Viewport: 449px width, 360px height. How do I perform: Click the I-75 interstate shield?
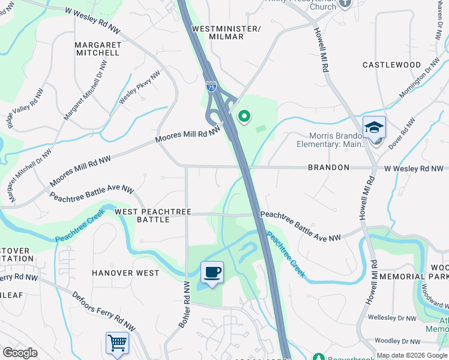[x=211, y=87]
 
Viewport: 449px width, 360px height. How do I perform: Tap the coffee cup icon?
[x=212, y=273]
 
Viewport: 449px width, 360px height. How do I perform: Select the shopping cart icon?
[x=117, y=343]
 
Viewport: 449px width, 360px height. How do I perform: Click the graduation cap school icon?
[x=374, y=127]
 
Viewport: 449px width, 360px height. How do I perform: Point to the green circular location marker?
[x=244, y=116]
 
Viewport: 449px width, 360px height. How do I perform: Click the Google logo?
[x=20, y=353]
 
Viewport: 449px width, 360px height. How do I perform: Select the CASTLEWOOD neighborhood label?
[x=392, y=64]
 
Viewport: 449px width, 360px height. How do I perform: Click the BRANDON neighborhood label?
[x=328, y=168]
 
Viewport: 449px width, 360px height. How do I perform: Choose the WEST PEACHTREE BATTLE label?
[x=153, y=216]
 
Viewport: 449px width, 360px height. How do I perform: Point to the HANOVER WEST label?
[x=125, y=273]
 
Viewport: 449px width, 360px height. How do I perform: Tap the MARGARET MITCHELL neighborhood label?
[x=98, y=49]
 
